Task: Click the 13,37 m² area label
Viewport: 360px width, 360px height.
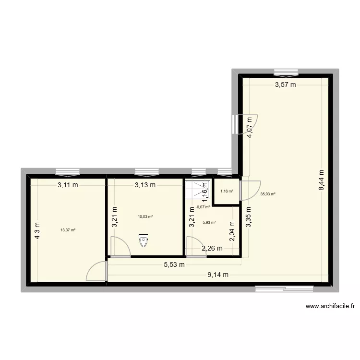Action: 68,230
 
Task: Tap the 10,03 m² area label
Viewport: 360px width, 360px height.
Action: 145,216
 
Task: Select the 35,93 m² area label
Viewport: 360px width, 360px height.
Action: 268,194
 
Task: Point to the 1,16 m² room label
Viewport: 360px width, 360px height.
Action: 227,192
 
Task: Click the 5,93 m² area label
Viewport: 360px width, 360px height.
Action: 209,222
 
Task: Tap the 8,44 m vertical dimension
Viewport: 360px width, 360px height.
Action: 322,181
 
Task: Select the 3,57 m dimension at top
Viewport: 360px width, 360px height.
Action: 285,85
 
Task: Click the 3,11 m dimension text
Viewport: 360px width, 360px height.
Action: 68,185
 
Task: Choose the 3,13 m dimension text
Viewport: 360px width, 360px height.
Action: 145,185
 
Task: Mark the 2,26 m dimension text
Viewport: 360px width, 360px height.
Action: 212,248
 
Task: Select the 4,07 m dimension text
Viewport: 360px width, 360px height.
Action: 250,128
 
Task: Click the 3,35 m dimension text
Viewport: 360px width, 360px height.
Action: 249,219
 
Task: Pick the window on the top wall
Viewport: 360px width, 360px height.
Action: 286,72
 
